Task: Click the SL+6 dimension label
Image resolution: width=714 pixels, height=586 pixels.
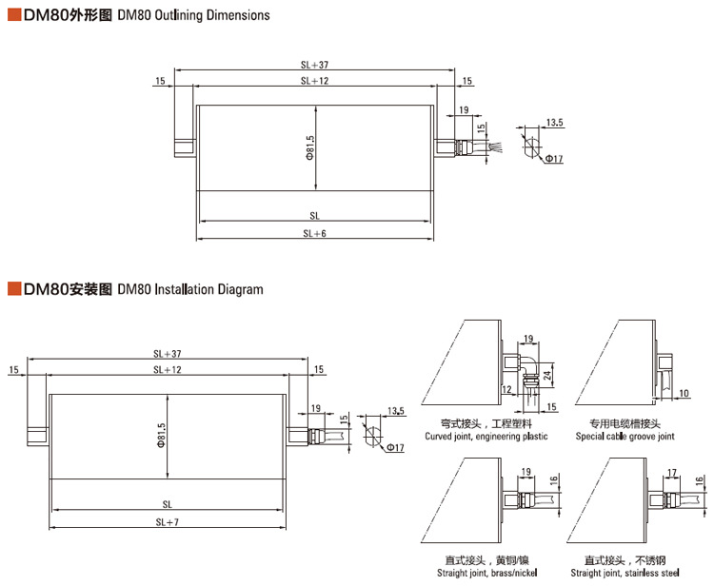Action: point(314,232)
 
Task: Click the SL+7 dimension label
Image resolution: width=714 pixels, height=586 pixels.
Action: point(168,522)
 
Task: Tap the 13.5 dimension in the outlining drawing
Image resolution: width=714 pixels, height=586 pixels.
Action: point(554,123)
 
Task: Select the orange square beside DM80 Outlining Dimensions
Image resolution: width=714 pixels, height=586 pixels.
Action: point(13,15)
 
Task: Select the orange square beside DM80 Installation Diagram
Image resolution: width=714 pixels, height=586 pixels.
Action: point(13,288)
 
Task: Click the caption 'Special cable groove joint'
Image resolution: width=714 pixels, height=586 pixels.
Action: point(625,437)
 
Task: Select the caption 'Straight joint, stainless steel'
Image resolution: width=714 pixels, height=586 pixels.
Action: point(625,573)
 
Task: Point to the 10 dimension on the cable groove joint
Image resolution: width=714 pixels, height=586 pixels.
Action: point(684,392)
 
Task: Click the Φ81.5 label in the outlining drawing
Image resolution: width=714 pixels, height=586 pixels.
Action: point(310,147)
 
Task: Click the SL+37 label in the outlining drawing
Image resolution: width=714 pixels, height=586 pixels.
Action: point(314,66)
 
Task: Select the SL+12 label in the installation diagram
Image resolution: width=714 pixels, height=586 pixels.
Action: point(168,369)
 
